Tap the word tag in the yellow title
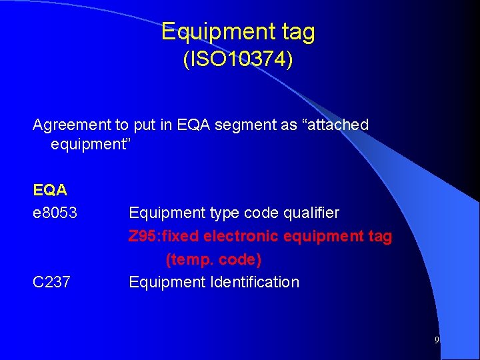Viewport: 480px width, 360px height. click(294, 31)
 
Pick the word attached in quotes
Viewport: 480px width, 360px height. click(336, 125)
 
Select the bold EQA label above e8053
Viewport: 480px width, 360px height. click(50, 190)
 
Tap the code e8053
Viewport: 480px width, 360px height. click(55, 213)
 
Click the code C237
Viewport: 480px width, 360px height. click(51, 282)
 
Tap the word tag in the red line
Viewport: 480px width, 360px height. click(381, 236)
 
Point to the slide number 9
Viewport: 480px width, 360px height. click(437, 340)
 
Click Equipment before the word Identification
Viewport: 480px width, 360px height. click(167, 282)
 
